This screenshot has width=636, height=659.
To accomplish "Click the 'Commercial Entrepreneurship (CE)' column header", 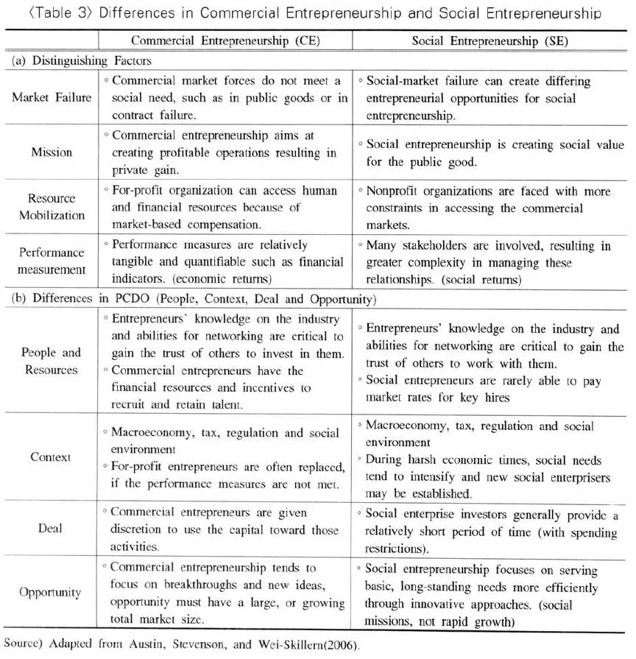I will pyautogui.click(x=225, y=40).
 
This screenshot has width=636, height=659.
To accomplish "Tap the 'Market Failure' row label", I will pyautogui.click(x=52, y=98).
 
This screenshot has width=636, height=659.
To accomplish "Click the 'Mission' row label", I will pyautogui.click(x=52, y=152).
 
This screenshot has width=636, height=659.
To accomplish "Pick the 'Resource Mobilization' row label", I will pyautogui.click(x=52, y=207).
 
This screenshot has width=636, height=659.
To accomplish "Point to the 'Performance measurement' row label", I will pyautogui.click(x=52, y=261).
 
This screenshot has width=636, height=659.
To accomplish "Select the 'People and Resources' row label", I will pyautogui.click(x=52, y=361).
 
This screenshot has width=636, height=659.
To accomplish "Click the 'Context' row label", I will pyautogui.click(x=52, y=457).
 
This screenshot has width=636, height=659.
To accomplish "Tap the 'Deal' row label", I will pyautogui.click(x=52, y=528).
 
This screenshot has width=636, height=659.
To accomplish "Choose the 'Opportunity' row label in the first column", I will pyautogui.click(x=52, y=592).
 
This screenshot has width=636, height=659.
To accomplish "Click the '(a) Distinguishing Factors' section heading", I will pyautogui.click(x=81, y=62).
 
